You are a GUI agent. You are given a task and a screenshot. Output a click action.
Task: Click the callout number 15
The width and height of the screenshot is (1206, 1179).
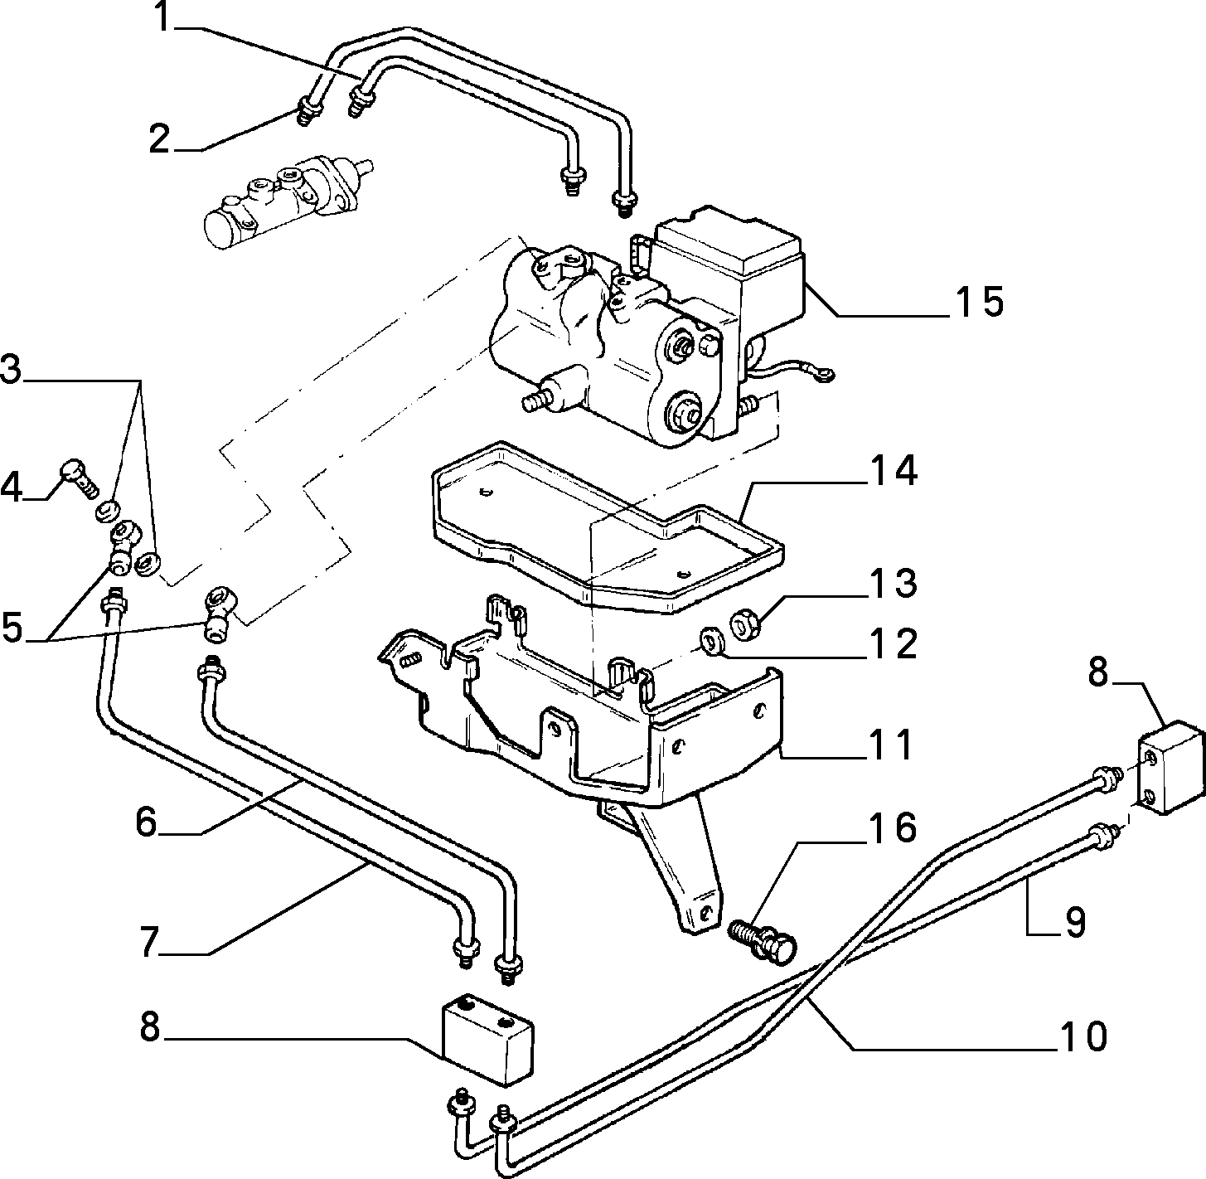coord(978,302)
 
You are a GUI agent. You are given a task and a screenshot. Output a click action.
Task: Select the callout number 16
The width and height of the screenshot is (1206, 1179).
coord(892,827)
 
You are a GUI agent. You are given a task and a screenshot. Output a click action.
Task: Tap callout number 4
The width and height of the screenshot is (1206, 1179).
coord(12,488)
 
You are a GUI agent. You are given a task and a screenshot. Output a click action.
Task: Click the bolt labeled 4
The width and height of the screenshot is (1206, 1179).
coord(80,478)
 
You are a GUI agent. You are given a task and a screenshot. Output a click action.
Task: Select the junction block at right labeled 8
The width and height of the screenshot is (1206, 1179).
coord(1171,768)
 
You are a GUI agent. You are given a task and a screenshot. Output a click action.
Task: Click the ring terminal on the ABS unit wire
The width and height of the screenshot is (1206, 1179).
coord(826,374)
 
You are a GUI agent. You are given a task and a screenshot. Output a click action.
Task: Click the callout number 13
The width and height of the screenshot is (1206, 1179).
coord(893,584)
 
